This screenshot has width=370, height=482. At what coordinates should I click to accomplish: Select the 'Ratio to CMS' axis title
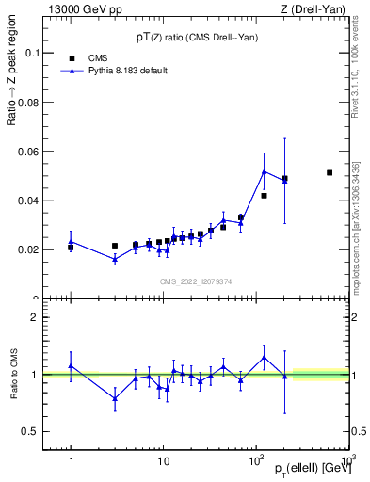13,374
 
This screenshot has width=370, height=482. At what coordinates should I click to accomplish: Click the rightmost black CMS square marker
330,172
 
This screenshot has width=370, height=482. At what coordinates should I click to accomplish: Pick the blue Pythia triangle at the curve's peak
265,171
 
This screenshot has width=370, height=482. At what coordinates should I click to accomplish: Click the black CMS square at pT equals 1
71,248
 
